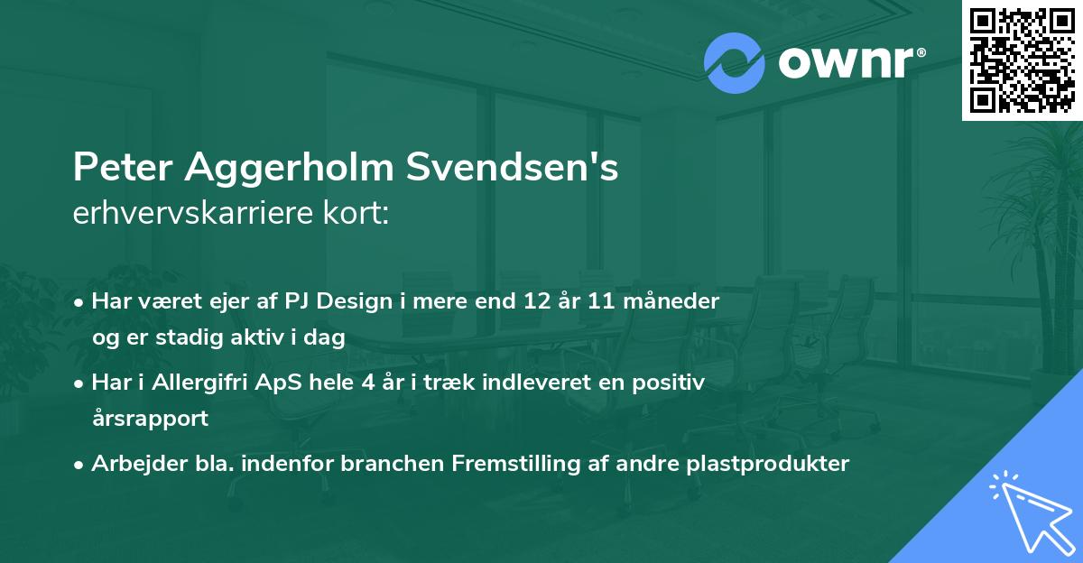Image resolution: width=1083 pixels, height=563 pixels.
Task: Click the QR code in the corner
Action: [1022, 60]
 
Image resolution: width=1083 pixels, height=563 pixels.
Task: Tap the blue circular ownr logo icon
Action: [735, 63]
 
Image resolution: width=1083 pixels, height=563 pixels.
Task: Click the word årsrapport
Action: [150, 418]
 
